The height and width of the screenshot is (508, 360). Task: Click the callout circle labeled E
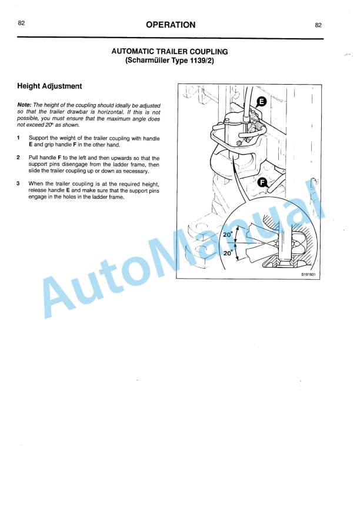coord(262,102)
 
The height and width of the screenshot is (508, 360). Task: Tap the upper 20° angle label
coord(228,235)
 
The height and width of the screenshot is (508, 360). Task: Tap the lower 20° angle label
coord(228,253)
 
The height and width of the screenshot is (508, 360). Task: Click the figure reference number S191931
coord(308,273)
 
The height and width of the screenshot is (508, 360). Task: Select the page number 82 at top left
coord(22,23)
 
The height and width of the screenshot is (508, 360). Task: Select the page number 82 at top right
coord(318,25)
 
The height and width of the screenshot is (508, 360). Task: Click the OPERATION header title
coord(171,25)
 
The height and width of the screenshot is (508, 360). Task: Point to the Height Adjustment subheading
coord(49,86)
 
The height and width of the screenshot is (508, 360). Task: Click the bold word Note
coord(25,105)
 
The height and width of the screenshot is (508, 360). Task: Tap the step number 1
coord(19,138)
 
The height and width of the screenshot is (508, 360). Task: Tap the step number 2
coord(19,158)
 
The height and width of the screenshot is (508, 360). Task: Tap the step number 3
coord(19,183)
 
